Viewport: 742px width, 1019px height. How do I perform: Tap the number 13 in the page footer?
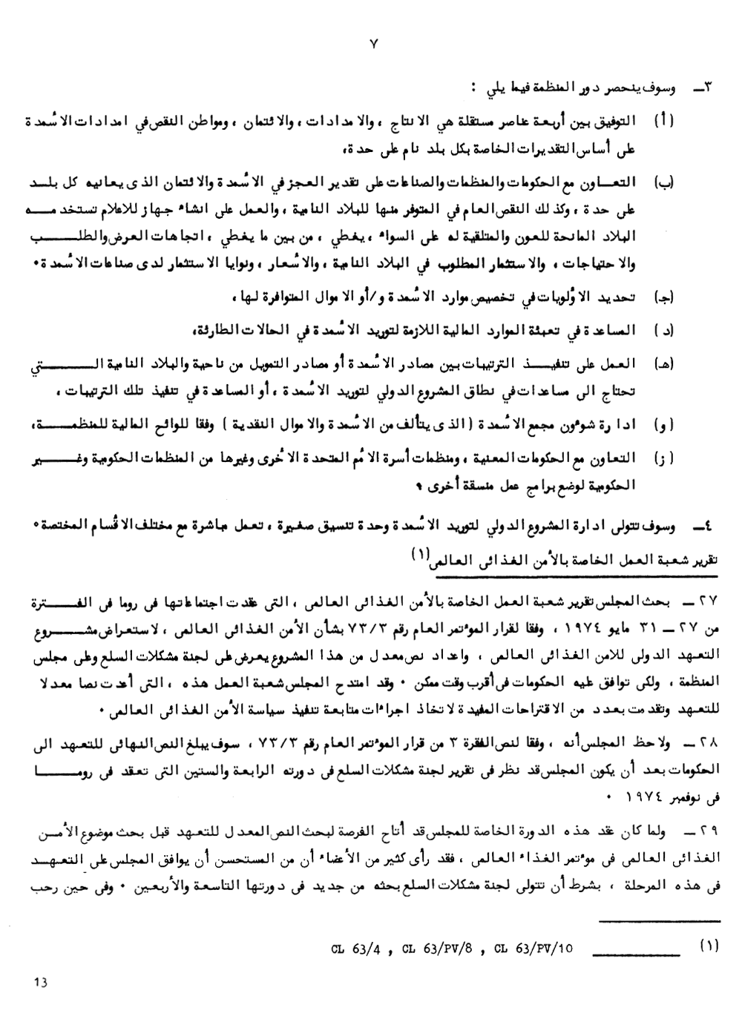40,982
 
